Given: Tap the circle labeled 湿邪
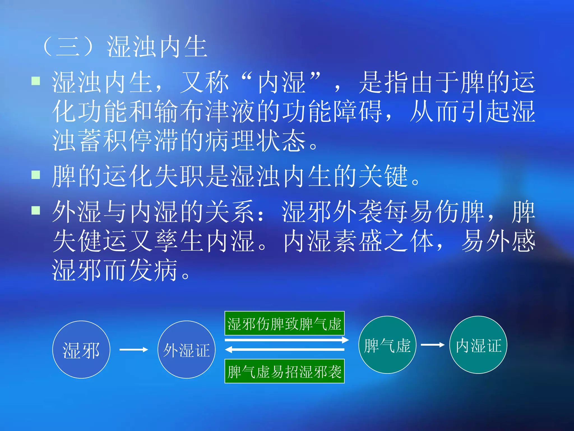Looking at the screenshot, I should coord(81,350).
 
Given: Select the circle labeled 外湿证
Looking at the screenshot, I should coord(187,350).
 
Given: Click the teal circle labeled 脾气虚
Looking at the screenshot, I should coord(387,345).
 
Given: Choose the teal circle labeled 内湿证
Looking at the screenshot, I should coord(478,345).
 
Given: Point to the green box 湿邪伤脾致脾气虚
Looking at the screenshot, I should coord(284,323).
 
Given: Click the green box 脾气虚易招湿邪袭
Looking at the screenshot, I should coord(284,371).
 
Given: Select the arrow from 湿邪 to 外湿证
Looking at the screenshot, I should coord(134,350).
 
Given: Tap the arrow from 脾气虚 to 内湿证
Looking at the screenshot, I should coord(432,345).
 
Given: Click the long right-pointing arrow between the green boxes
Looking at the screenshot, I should coord(286,340).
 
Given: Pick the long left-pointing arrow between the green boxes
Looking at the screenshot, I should coord(284,350).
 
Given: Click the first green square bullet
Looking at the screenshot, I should coord(36,81).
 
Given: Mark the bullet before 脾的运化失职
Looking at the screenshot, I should coord(36,175).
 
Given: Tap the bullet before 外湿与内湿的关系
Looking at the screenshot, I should coord(36,210).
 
